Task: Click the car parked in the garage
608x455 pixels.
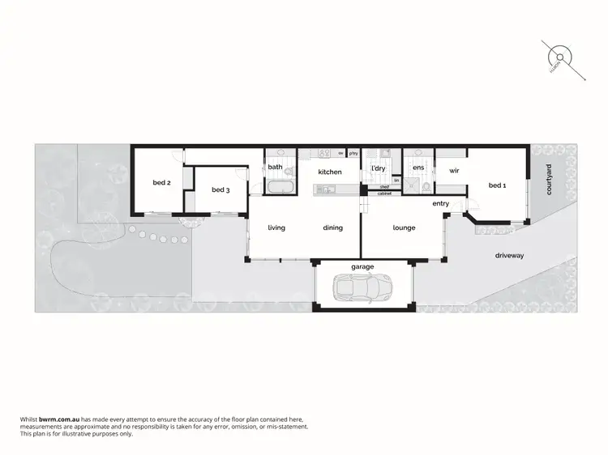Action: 362,287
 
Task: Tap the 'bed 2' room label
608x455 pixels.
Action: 161,183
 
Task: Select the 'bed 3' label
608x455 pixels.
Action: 221,189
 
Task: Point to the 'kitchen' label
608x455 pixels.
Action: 329,172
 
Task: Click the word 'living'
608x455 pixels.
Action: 276,227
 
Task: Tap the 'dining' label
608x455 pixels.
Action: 332,227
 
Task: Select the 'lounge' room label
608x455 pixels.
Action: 404,227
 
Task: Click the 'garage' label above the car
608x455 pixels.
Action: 362,266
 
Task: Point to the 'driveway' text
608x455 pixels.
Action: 510,255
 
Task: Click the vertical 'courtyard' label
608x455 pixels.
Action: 549,179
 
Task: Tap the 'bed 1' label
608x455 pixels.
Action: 497,185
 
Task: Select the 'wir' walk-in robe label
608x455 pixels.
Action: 454,171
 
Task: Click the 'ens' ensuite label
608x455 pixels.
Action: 418,168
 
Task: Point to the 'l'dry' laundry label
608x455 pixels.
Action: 377,168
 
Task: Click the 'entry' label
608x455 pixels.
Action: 441,203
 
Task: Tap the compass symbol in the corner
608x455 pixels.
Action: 559,56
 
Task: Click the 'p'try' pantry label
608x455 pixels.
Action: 353,153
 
